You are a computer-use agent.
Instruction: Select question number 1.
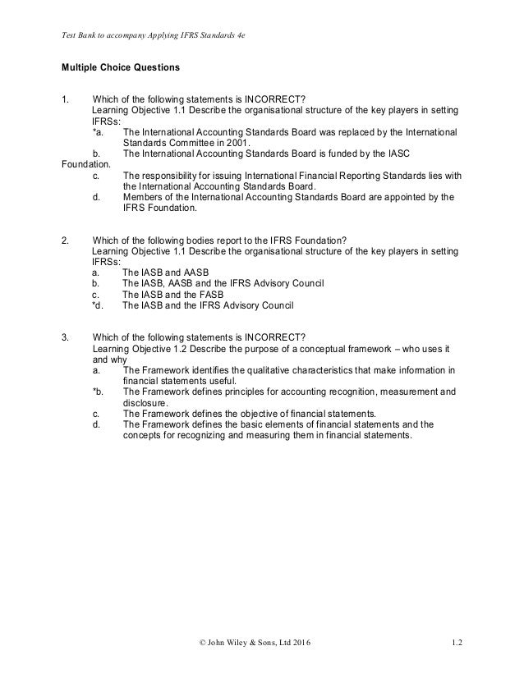(x=65, y=99)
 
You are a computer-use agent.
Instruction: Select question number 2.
(x=65, y=240)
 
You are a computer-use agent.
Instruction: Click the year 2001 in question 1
(x=209, y=141)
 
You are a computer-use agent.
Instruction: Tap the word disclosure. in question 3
(x=145, y=403)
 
